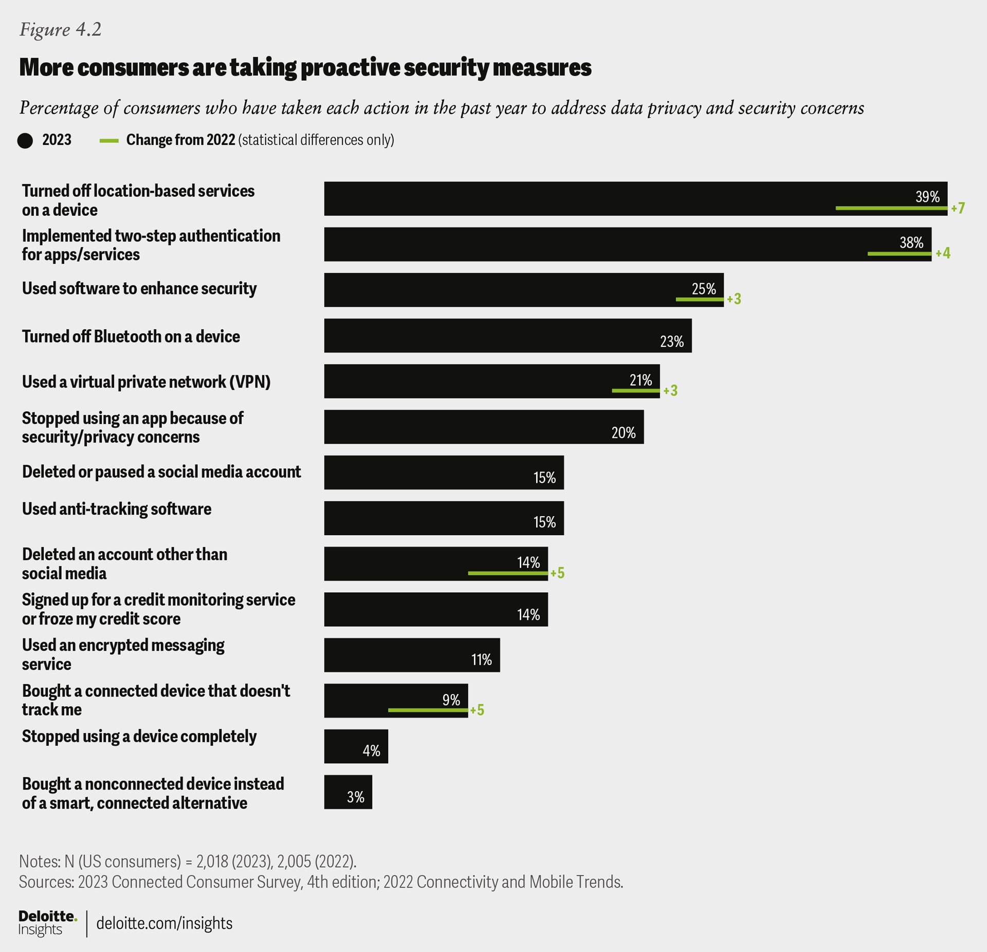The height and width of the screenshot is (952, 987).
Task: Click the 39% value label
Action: tap(927, 197)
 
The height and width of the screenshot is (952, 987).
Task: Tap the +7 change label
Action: tap(958, 208)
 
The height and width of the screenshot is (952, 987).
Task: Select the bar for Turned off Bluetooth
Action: tap(507, 336)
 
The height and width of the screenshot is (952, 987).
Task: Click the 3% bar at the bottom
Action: tap(348, 792)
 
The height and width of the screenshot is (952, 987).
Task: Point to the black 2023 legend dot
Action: tap(25, 141)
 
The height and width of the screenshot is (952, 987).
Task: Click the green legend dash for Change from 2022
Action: tap(109, 141)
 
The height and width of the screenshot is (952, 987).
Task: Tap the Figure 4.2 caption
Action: tap(60, 30)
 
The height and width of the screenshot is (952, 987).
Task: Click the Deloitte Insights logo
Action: tap(47, 923)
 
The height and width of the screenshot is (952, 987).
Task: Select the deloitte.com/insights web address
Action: tap(164, 923)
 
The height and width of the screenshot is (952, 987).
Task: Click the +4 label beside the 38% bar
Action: tap(943, 253)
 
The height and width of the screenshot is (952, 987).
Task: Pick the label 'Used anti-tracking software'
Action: tap(117, 509)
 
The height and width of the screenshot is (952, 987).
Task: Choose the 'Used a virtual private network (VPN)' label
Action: tap(146, 382)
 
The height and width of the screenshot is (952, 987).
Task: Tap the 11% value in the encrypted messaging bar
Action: tap(481, 660)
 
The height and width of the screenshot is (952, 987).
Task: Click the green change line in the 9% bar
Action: tap(428, 710)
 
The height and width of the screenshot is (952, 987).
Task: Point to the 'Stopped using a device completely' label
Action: tap(139, 737)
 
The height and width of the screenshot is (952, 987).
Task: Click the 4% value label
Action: tap(371, 751)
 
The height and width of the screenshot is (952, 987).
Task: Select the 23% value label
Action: tap(671, 342)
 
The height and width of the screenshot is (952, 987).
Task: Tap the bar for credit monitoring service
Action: tap(435, 609)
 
